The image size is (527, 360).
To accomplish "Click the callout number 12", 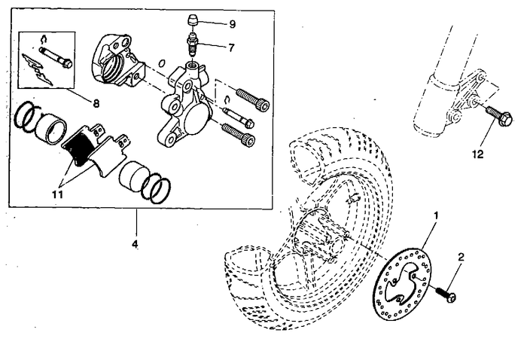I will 477,154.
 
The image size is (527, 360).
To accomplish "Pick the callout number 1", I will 435,215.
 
